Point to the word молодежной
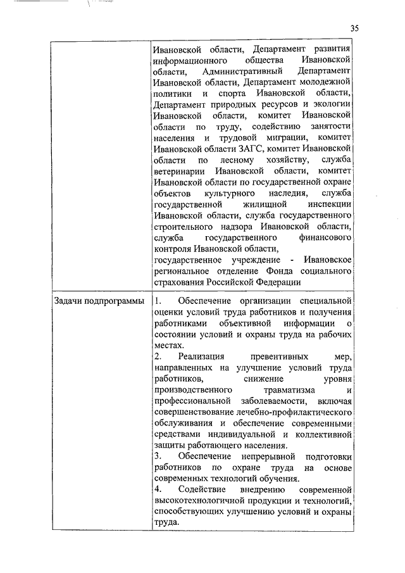click(323, 83)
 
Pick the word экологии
click(330, 106)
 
